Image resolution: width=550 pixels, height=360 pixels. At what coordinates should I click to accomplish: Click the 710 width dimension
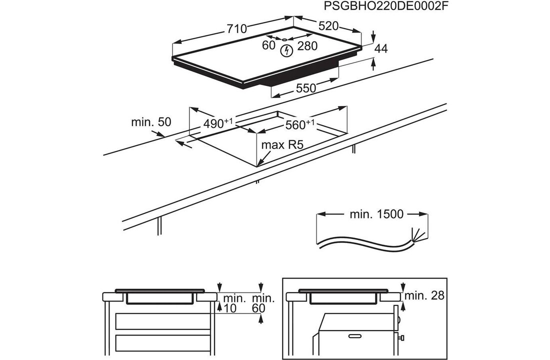(x=236, y=29)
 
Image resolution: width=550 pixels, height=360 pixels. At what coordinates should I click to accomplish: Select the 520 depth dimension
(x=329, y=26)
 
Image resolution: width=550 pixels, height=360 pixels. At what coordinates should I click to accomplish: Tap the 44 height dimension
(x=381, y=48)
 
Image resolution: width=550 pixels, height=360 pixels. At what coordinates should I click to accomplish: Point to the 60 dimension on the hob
(x=269, y=45)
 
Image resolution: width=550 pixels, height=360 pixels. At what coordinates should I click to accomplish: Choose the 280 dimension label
(x=307, y=46)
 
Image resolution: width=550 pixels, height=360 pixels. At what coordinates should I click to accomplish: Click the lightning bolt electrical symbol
(x=286, y=50)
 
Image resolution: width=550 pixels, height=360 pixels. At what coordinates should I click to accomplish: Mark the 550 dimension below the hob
(x=305, y=88)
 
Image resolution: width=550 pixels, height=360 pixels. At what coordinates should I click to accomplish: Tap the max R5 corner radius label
(x=282, y=145)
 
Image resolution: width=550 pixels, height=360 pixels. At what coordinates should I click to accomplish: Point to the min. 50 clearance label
(x=151, y=121)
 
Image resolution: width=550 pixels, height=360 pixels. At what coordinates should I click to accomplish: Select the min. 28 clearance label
(x=424, y=295)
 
